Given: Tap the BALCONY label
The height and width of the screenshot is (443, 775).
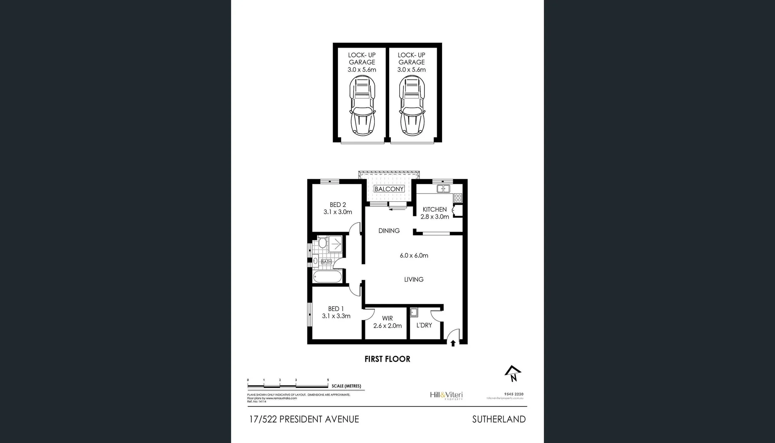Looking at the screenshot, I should tap(389, 189).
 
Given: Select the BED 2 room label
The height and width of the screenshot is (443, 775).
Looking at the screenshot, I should tap(338, 205).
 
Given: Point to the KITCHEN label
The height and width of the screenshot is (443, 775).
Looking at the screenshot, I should tap(435, 209).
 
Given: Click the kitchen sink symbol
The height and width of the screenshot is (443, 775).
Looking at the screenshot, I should tap(443, 189).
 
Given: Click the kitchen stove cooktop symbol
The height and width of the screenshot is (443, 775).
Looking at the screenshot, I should tap(458, 198).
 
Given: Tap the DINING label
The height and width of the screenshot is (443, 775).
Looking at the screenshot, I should tap(389, 231).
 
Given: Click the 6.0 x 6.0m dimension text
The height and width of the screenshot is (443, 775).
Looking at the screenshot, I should tap(414, 256).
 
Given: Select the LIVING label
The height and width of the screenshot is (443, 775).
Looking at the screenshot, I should tap(414, 279).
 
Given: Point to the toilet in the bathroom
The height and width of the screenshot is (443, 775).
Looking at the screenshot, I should tap(322, 243).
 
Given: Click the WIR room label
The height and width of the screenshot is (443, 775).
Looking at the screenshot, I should tap(387, 318).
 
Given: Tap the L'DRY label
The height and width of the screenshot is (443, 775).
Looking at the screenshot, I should tap(424, 325).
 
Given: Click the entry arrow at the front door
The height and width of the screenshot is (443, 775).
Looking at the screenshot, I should tap(453, 343).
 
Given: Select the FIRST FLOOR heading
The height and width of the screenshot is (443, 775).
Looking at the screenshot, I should tap(387, 359).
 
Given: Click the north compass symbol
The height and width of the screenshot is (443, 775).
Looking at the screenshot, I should tap(513, 374).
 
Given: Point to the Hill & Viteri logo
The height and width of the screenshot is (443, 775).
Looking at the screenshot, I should tap(446, 395).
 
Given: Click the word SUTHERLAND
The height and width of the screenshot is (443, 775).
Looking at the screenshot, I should tap(499, 419).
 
